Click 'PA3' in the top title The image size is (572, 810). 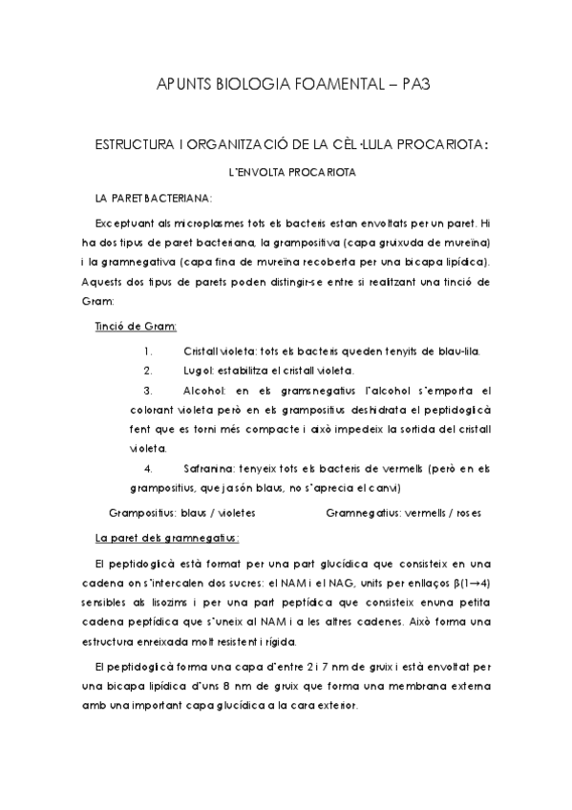(x=404, y=85)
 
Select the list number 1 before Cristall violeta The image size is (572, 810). (x=147, y=351)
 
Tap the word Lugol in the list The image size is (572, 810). (x=197, y=370)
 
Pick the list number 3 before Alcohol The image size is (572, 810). (x=147, y=390)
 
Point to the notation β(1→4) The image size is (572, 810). (x=469, y=582)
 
